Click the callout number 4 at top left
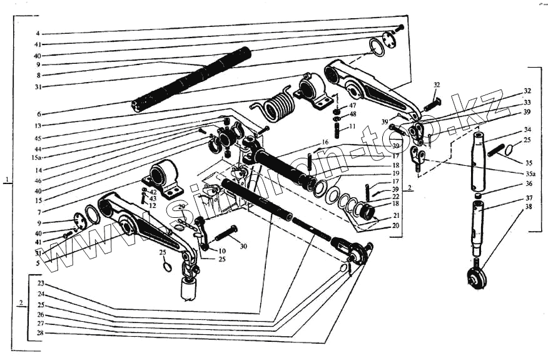(x=38, y=33)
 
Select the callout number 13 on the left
(x=38, y=125)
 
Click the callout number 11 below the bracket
(x=353, y=126)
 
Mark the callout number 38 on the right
(x=529, y=207)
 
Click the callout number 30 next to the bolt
(x=243, y=247)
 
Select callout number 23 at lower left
(x=41, y=284)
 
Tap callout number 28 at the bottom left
(x=41, y=333)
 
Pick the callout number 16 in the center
(x=324, y=143)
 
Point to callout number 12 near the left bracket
(x=153, y=205)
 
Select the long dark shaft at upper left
(x=191, y=79)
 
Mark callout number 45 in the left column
(x=38, y=138)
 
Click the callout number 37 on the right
(x=529, y=198)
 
